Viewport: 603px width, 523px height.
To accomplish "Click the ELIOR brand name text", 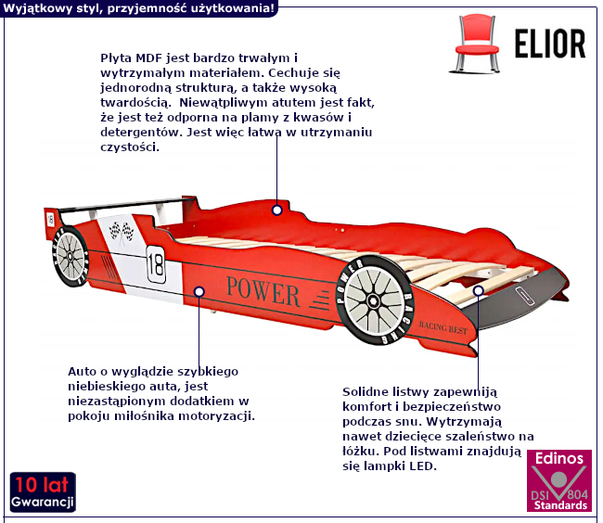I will (550, 43).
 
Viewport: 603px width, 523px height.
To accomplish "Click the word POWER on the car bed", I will (263, 292).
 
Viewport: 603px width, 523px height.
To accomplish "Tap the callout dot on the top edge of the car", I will (276, 210).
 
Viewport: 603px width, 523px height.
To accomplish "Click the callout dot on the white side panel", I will (199, 291).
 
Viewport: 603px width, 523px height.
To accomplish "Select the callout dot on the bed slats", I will (479, 290).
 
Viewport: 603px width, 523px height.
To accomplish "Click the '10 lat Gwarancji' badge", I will (43, 492).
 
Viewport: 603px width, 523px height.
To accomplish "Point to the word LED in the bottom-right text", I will (421, 466).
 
